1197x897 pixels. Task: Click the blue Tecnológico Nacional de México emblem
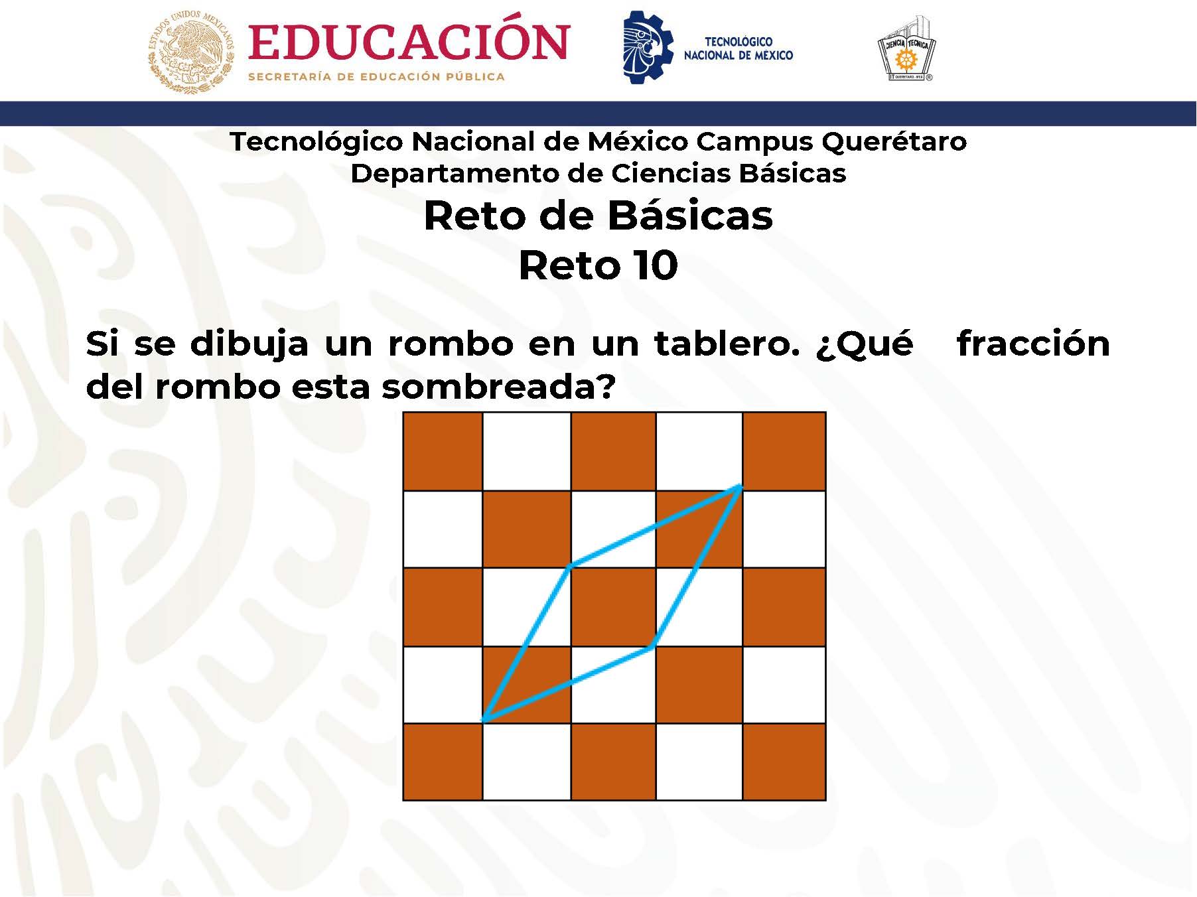(x=647, y=46)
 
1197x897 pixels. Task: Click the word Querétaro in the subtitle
(x=894, y=142)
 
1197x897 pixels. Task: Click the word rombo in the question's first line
(x=451, y=344)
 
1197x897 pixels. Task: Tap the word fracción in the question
(x=1033, y=344)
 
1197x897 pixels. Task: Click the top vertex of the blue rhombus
(x=740, y=487)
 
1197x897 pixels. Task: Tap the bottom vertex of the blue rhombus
(x=484, y=721)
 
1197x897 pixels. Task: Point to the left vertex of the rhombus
(x=570, y=566)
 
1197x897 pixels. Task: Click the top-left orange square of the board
(x=443, y=451)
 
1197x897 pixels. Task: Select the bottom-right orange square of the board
(x=784, y=762)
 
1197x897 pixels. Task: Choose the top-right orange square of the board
(x=784, y=451)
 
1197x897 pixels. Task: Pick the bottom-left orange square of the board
(x=443, y=762)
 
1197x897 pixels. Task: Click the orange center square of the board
(x=613, y=607)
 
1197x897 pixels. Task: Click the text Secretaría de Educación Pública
(x=376, y=77)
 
